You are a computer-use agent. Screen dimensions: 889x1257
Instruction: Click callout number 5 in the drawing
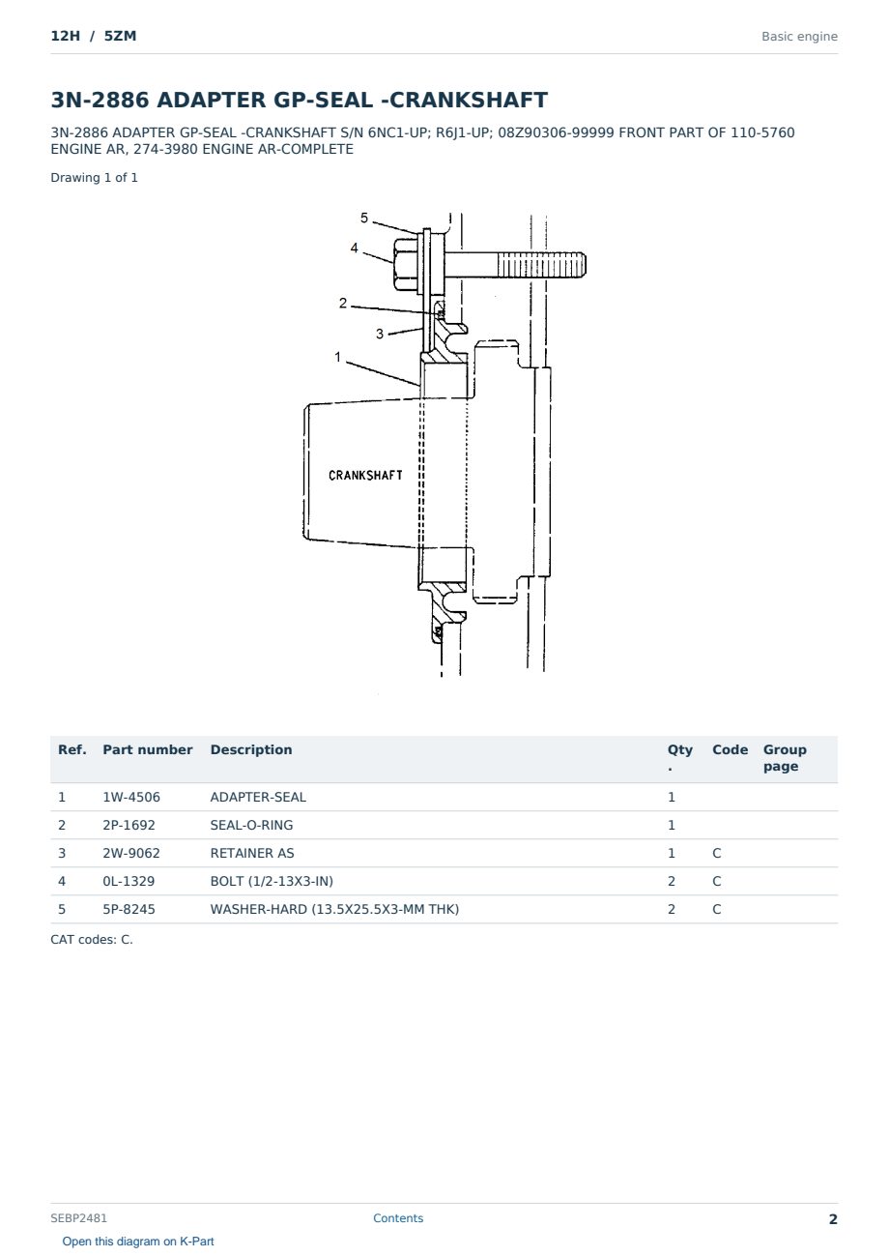coord(364,218)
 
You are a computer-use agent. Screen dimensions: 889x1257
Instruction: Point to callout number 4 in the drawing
coord(354,248)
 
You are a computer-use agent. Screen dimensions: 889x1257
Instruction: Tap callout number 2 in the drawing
coord(343,303)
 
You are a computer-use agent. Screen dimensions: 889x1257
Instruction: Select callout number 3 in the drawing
coord(380,334)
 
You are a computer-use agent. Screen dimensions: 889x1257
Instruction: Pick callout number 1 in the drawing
coord(337,357)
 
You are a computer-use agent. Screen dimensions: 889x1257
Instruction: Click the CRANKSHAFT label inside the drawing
coord(365,476)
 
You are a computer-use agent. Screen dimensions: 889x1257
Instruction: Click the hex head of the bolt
coord(406,264)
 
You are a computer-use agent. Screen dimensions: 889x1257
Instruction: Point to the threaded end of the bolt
coord(542,264)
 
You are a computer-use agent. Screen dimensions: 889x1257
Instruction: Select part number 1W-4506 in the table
coord(131,797)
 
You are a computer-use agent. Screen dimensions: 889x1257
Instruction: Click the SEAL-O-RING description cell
coord(251,825)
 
